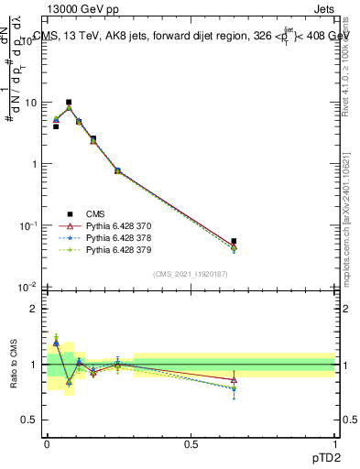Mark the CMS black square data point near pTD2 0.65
tap(234, 242)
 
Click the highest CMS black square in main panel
tap(69, 103)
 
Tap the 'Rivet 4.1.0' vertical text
tap(346, 64)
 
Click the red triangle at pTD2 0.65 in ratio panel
tap(234, 379)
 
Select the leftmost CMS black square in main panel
tap(56, 126)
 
